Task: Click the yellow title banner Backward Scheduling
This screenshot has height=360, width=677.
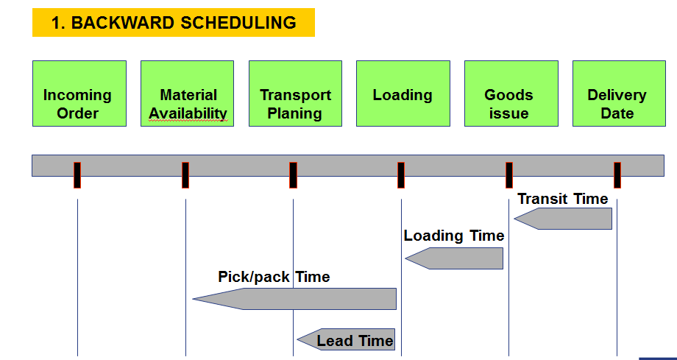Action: click(x=174, y=23)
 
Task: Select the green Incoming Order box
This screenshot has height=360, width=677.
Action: click(x=79, y=93)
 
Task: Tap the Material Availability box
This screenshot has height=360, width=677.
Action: click(x=188, y=93)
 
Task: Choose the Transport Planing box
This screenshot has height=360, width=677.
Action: click(x=295, y=93)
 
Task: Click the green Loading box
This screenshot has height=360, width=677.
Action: click(x=403, y=93)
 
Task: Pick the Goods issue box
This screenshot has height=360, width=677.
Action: click(x=511, y=93)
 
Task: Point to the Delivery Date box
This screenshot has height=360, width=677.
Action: click(x=619, y=93)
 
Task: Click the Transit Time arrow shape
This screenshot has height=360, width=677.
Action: click(x=563, y=219)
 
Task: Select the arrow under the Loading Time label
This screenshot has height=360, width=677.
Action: click(x=454, y=258)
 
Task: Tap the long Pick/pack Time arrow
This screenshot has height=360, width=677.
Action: click(x=294, y=299)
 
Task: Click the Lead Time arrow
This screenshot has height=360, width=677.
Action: click(x=346, y=339)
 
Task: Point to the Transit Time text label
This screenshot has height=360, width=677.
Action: click(x=563, y=199)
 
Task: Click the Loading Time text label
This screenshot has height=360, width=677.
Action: click(x=454, y=236)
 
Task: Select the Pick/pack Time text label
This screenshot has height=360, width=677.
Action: click(x=274, y=277)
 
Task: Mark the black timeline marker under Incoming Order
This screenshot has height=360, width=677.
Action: click(x=77, y=175)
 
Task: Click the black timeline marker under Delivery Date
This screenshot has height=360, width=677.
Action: click(x=617, y=175)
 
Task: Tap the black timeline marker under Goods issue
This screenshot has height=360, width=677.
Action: click(x=509, y=175)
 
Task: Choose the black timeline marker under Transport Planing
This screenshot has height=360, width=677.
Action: click(x=293, y=175)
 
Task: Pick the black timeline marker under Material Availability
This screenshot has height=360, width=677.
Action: click(x=185, y=175)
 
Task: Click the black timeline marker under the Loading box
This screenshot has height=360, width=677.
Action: click(x=401, y=175)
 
